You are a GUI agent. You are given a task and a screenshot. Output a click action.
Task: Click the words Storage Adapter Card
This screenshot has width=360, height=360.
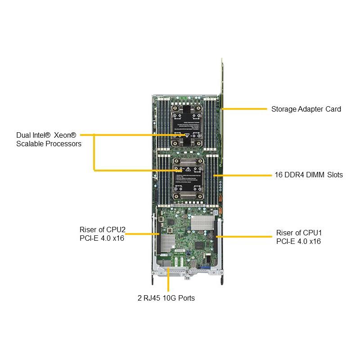pyautogui.click(x=306, y=109)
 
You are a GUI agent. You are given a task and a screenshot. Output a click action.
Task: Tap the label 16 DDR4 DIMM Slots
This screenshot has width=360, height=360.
pyautogui.click(x=308, y=175)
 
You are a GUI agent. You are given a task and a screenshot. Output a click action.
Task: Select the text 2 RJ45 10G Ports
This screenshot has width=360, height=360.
pyautogui.click(x=166, y=298)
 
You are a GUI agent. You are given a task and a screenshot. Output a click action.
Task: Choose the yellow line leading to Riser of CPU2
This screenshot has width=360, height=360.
pyautogui.click(x=142, y=234)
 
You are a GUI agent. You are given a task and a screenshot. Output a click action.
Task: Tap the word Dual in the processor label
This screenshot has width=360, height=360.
pyautogui.click(x=24, y=135)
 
